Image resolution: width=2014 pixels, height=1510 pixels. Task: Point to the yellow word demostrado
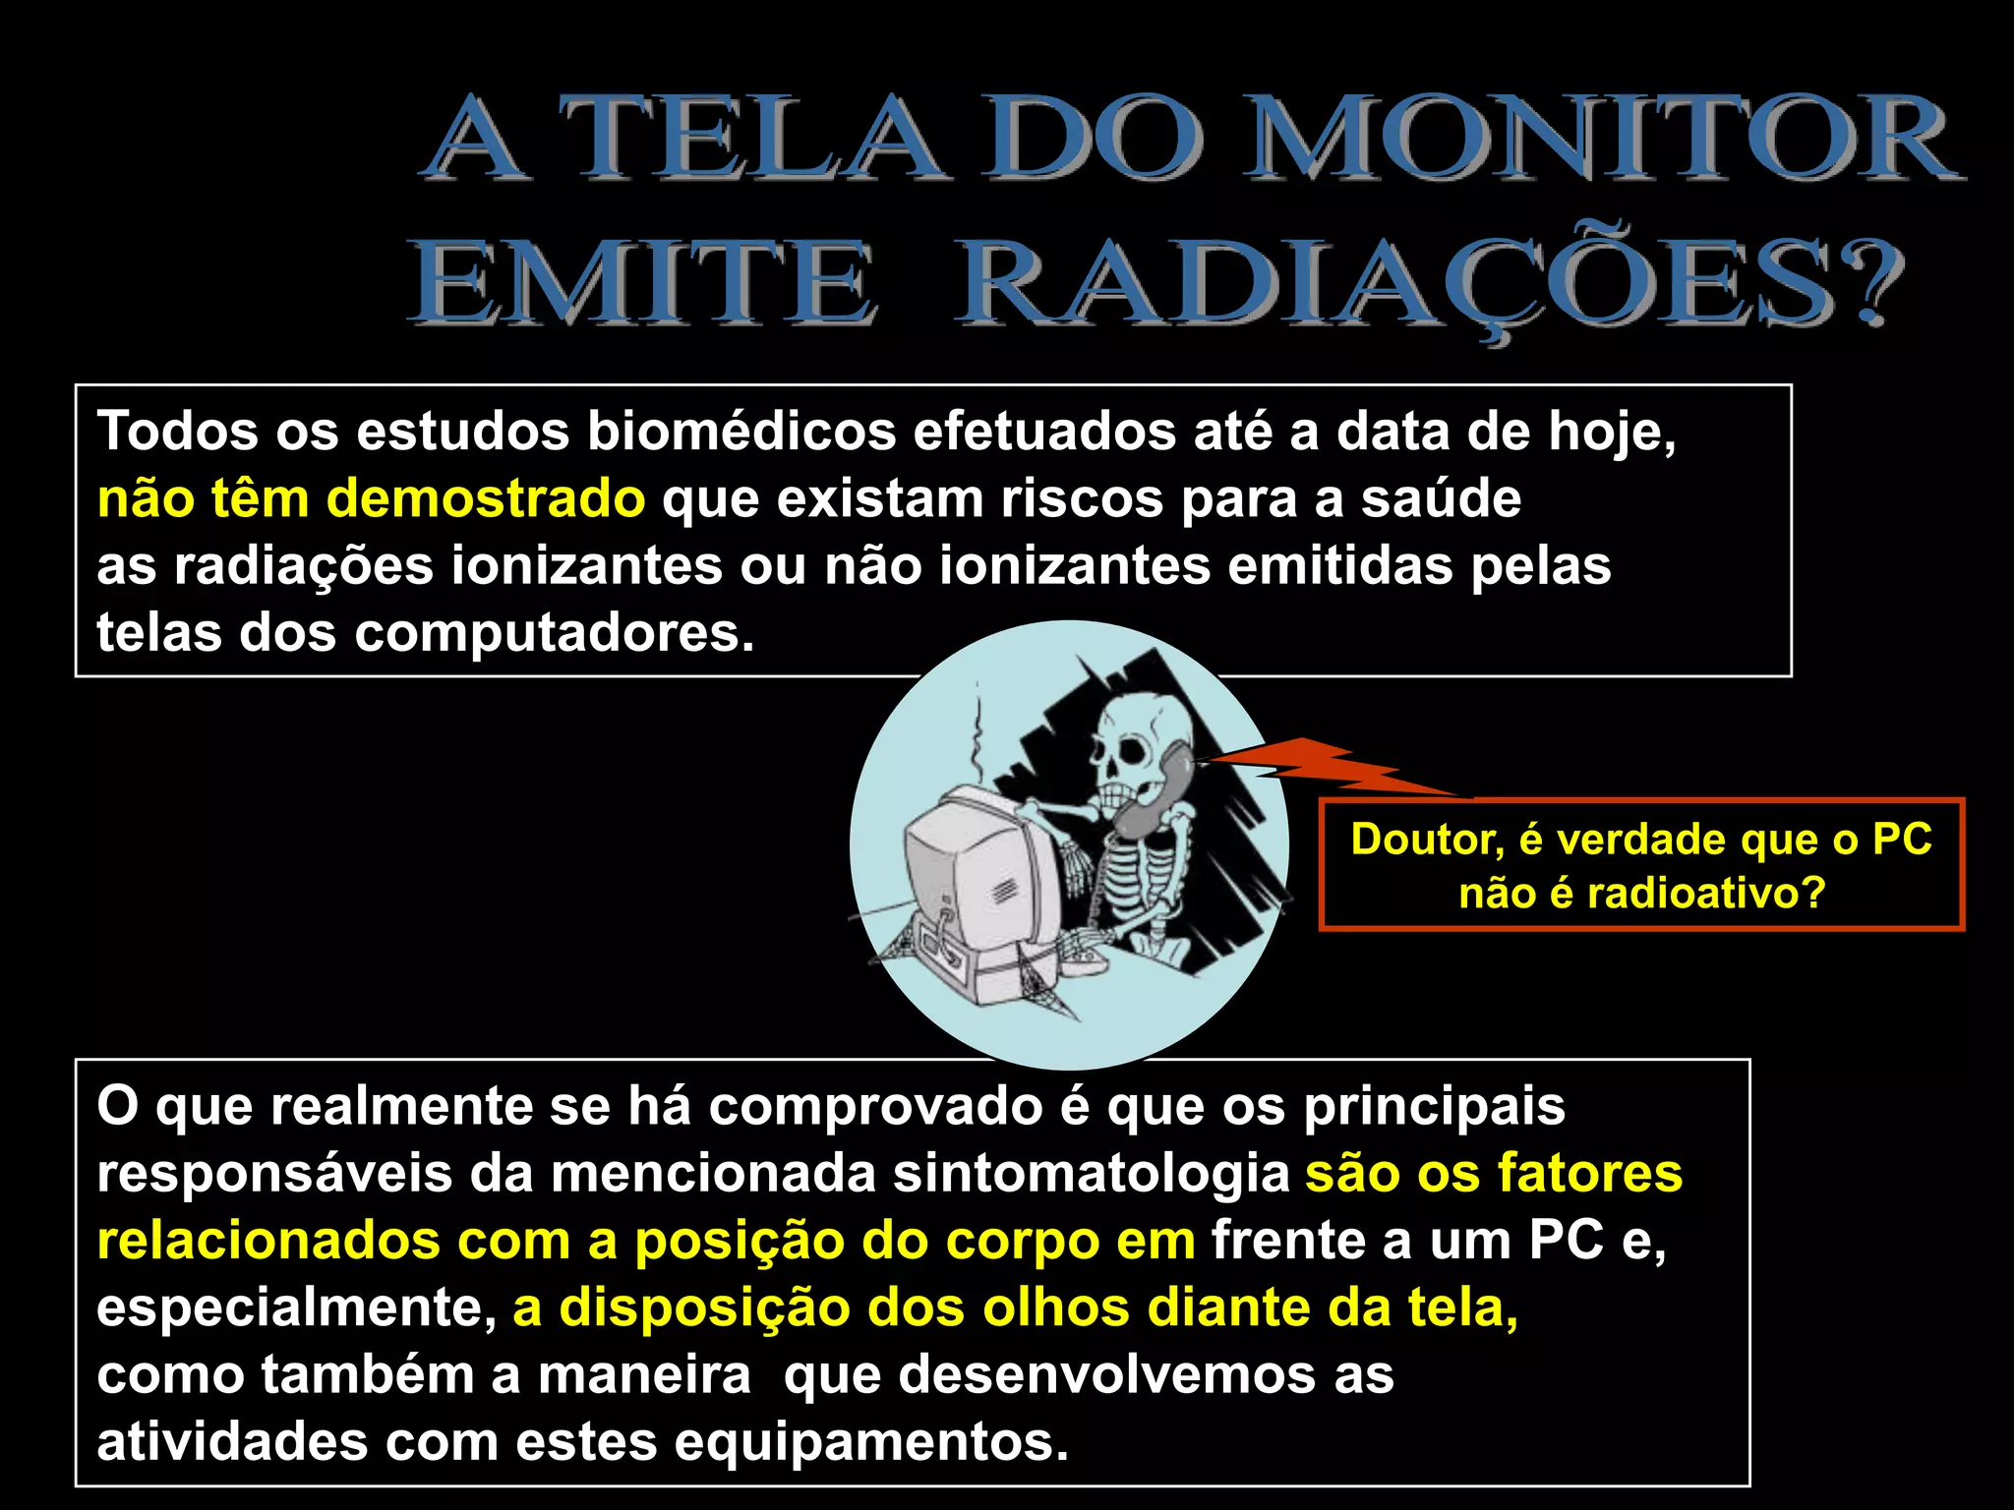486,499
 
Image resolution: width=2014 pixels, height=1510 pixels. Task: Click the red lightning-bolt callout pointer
1328,767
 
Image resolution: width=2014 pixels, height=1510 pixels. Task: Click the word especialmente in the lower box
295,1308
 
